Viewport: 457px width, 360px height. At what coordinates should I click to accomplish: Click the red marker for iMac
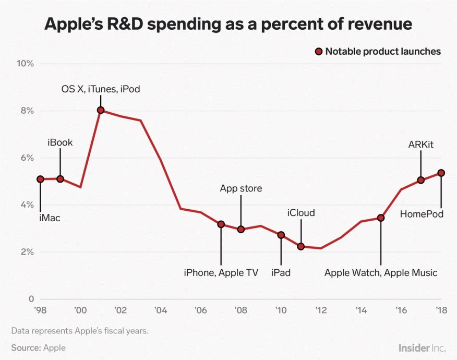[40, 179]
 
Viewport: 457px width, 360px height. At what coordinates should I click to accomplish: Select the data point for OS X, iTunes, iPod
[101, 110]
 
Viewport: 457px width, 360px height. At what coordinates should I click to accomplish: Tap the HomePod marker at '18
[441, 173]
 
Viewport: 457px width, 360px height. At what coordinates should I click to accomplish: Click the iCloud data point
[301, 246]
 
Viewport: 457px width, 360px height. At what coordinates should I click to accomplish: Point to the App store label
[240, 188]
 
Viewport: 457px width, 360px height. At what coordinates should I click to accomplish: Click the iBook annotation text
[60, 142]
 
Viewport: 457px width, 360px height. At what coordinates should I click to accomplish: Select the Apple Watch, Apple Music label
[381, 272]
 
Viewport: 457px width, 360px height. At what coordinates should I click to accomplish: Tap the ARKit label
[421, 145]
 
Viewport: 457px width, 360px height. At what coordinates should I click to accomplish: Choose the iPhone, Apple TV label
[221, 272]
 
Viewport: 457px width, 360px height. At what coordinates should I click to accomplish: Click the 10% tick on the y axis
[26, 64]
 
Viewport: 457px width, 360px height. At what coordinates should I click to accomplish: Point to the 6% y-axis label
[26, 158]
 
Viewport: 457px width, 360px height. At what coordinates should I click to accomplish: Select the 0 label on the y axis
[31, 299]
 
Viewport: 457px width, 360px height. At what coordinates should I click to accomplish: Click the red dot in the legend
[318, 52]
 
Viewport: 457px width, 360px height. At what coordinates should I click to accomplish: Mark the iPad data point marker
[281, 235]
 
